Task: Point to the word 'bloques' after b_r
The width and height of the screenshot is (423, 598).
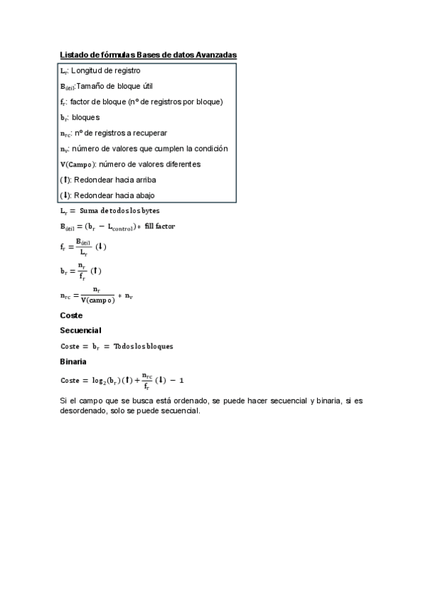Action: coord(86,117)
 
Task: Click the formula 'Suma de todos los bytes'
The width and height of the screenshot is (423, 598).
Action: coord(121,211)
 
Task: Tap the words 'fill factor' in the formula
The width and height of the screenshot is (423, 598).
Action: coord(160,226)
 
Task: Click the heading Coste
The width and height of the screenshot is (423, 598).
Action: coord(71,315)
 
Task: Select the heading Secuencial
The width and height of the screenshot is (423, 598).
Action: coord(81,330)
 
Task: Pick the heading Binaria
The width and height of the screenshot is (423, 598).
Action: coord(73,361)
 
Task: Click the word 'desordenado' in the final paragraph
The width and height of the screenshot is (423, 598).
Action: coord(88,413)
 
